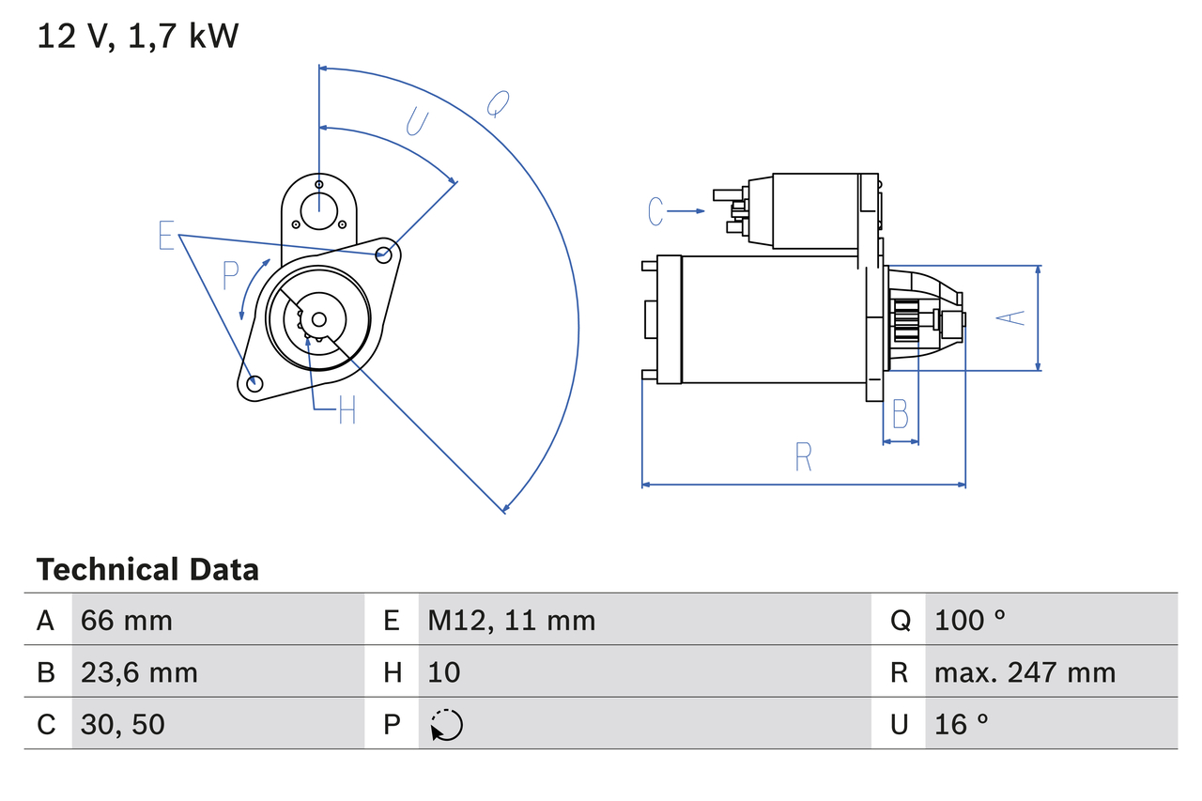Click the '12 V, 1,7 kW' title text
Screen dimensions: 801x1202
click(x=137, y=37)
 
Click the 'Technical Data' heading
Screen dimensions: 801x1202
click(x=146, y=569)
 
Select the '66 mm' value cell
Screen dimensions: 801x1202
click(x=127, y=620)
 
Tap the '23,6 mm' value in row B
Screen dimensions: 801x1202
click(x=139, y=672)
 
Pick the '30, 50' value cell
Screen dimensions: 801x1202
click(x=122, y=724)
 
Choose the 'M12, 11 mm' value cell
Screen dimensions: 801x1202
click(x=512, y=620)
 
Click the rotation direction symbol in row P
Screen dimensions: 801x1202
click(x=447, y=725)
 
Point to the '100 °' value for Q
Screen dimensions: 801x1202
click(x=970, y=620)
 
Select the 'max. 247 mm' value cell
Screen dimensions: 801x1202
click(x=1025, y=672)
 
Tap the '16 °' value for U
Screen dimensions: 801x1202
click(x=962, y=724)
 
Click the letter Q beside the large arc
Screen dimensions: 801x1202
click(x=498, y=104)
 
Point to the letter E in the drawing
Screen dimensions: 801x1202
click(x=166, y=236)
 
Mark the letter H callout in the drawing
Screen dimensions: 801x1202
click(x=347, y=409)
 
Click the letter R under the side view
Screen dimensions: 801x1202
click(x=803, y=457)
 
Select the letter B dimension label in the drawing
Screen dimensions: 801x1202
click(x=900, y=413)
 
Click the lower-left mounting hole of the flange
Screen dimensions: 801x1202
click(x=254, y=382)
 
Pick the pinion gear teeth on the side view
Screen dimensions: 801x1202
click(x=905, y=321)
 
